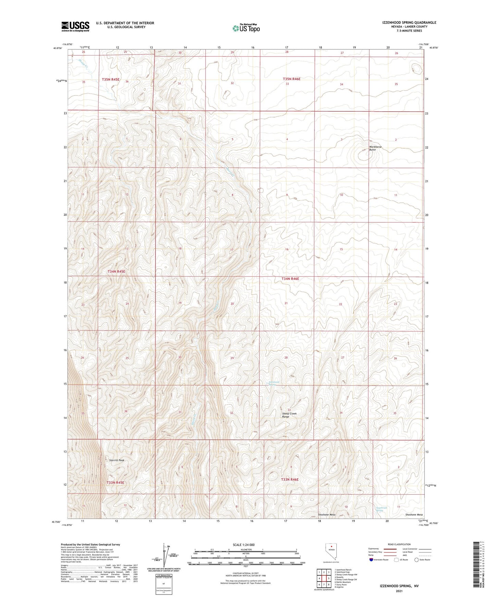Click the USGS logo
[75, 26]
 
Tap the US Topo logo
[246, 28]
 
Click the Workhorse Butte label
[375, 148]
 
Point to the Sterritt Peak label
[117, 460]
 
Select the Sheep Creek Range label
[289, 415]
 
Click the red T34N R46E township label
[290, 279]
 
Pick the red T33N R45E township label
[115, 483]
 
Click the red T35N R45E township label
[111, 79]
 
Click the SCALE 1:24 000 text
[243, 545]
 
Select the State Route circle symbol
[417, 560]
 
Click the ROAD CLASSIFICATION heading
[399, 544]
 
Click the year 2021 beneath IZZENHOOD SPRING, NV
[399, 591]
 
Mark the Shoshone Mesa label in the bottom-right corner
[414, 515]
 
